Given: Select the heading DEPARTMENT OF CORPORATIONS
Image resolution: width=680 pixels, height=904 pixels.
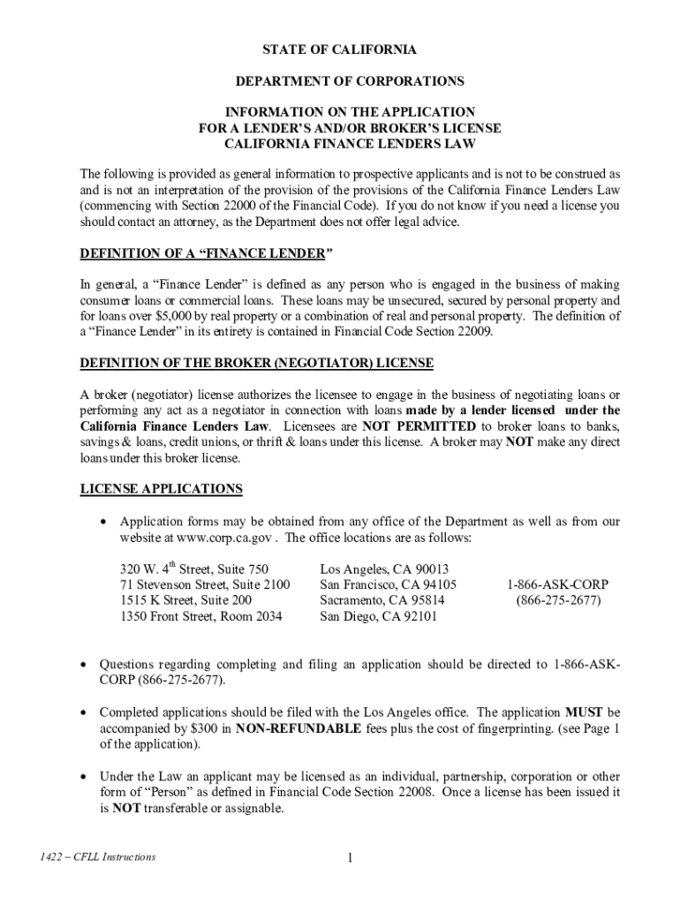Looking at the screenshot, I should coord(350,81).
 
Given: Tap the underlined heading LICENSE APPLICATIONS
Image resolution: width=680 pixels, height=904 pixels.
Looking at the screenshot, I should coord(161,488).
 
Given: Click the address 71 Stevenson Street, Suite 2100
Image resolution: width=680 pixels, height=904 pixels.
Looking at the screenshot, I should coord(205,584).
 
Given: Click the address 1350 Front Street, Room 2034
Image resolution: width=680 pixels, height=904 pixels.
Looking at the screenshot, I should coord(201,616).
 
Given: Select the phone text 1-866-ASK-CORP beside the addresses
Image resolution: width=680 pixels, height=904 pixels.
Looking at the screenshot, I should coord(557,584).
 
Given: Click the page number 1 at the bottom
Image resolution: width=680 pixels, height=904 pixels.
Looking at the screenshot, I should coord(350,858).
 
